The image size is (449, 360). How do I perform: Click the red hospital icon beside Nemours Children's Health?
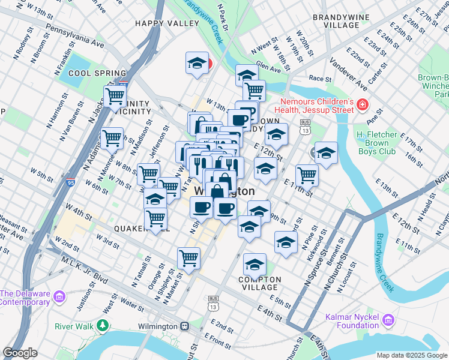coord(363,106)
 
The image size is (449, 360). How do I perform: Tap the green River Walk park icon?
coord(103,326)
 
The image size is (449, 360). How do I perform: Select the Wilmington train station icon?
coord(184,326)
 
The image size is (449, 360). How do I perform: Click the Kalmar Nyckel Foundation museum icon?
coord(387,321)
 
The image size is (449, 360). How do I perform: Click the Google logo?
coord(20,353)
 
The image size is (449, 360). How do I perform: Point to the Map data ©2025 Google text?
coord(412,355)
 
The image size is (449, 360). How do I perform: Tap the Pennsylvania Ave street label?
coord(74,37)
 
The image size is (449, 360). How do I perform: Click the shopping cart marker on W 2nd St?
coord(188,258)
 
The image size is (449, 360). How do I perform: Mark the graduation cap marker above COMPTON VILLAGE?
coord(255,264)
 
